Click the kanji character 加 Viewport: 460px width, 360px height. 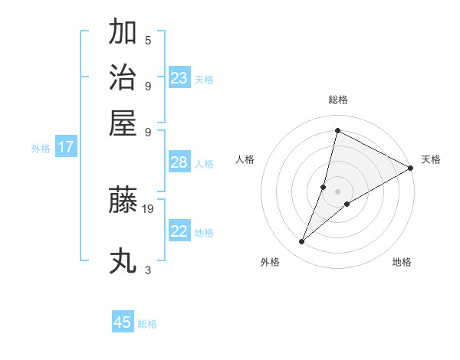coord(123,33)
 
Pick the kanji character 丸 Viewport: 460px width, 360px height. coord(123,261)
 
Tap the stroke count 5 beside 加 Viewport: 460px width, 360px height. coord(148,41)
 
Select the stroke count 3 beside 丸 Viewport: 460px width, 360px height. coord(148,270)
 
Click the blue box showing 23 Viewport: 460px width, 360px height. coord(179,78)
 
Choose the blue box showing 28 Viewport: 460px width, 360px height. coord(179,162)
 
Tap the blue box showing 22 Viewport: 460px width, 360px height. coord(179,231)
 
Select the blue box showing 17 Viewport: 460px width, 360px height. coord(65,148)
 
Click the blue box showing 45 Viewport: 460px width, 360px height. coord(123,322)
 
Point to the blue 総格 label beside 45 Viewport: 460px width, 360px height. coord(147,324)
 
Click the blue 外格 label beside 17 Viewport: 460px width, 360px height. coord(41,149)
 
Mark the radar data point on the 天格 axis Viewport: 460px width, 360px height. coord(411,169)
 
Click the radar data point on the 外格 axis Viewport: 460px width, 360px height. coord(302,242)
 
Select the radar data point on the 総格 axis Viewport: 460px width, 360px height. coord(337,130)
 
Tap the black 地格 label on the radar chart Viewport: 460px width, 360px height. coord(402,263)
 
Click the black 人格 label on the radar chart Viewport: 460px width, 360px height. coord(245,159)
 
